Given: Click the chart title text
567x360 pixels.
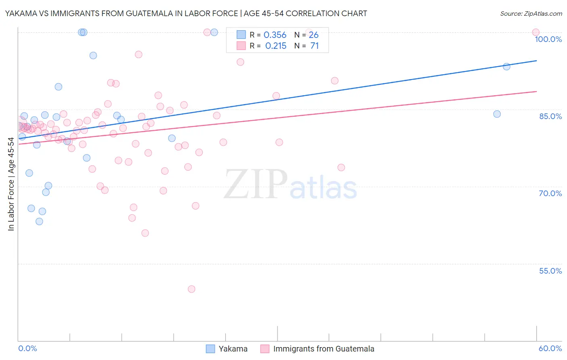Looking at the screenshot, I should pos(186,13).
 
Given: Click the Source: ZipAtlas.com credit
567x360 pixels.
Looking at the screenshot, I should pos(531,13).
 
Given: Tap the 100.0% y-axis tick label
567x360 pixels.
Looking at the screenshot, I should pos(548,39).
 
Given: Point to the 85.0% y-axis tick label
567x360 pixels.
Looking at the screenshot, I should pos(550,116).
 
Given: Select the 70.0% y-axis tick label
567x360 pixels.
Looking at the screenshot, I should pos(550,193).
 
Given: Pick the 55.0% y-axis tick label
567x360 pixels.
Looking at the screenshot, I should pos(550,271).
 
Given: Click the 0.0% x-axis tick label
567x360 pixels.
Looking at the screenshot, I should pos(27,348).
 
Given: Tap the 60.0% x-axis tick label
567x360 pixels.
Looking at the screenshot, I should pos(550,348).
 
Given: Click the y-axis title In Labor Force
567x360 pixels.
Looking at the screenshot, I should pos(11,184).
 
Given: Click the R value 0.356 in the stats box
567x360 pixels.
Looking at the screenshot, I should pos(275,35).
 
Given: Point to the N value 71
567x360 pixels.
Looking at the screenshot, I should pos(315,46).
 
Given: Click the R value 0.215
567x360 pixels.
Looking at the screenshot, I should pos(275,46).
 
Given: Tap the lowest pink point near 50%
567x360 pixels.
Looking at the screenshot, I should pos(192,289).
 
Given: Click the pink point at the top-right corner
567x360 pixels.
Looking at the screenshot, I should pos(536,32).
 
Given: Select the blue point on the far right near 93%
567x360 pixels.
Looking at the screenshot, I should pos(507,67).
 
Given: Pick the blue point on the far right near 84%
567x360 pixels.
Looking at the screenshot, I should pos(497,114).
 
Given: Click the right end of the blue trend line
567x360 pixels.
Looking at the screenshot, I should pos(536,61).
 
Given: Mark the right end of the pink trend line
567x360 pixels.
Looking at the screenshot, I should pos(536,92).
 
